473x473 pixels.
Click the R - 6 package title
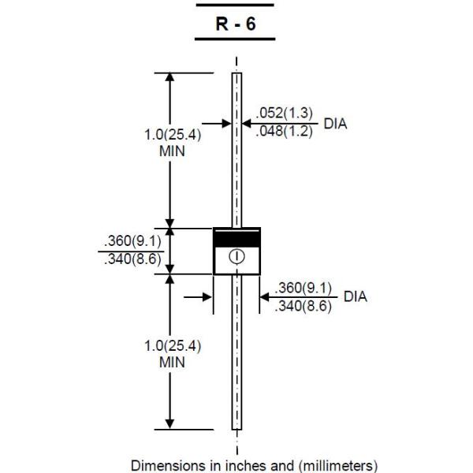[x=236, y=24]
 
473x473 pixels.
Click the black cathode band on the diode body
[x=236, y=237]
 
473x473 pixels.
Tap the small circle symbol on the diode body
[x=236, y=256]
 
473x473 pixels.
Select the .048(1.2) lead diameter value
[x=285, y=132]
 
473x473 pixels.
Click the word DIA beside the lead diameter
[x=335, y=124]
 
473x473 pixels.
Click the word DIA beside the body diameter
[x=355, y=297]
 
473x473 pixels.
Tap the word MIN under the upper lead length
[x=172, y=151]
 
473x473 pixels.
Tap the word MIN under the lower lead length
[x=172, y=362]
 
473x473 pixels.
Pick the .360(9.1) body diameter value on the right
[x=304, y=289]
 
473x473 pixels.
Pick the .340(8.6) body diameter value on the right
[x=304, y=306]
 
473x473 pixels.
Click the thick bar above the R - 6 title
[x=236, y=5]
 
